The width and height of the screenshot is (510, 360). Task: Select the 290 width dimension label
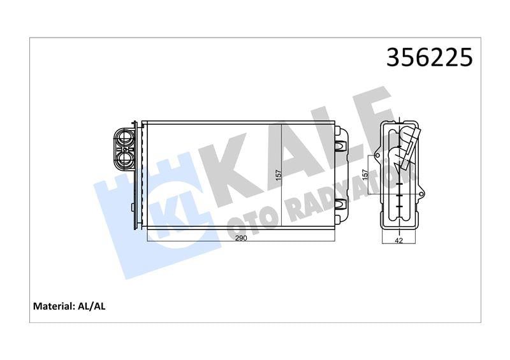(x=241, y=238)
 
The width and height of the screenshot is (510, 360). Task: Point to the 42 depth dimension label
(x=399, y=241)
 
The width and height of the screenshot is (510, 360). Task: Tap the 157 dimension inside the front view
(x=278, y=175)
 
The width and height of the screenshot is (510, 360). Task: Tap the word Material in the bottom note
(x=53, y=306)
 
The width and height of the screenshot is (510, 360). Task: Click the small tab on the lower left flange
(x=131, y=208)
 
